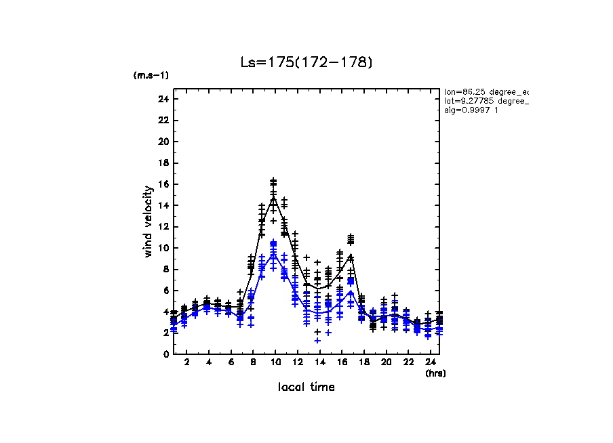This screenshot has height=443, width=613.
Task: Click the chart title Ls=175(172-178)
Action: pos(306,62)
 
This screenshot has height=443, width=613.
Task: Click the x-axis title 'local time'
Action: pos(306,387)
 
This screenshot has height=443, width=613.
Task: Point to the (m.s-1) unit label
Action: pos(151,75)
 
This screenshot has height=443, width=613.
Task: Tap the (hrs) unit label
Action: pos(435,373)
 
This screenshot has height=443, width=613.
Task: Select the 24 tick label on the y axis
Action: pos(163,100)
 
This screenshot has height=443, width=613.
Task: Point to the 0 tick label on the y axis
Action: pos(165,354)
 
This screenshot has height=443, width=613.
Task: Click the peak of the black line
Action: pos(273,198)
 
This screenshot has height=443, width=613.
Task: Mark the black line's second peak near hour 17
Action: pos(351,255)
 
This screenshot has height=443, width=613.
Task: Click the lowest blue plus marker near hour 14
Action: pos(317,340)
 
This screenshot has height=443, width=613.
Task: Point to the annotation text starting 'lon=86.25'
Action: pos(485,91)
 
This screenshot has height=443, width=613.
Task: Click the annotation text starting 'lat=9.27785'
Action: pos(485,101)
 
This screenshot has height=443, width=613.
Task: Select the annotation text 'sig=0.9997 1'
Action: pos(471,110)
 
